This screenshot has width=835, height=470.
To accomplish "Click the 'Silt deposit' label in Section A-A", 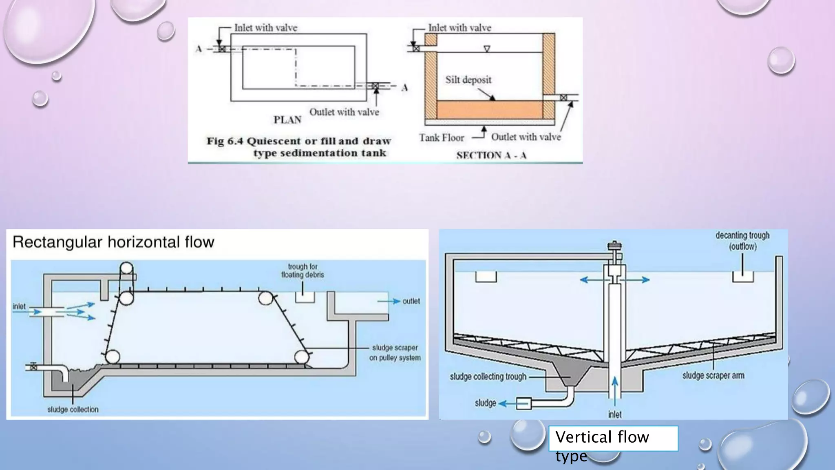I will pyautogui.click(x=468, y=80).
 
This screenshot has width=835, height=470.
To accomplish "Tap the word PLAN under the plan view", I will pyautogui.click(x=287, y=120).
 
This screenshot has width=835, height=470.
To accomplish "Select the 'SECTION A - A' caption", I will pyautogui.click(x=491, y=155).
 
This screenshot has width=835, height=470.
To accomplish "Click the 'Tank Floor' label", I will pyautogui.click(x=442, y=138).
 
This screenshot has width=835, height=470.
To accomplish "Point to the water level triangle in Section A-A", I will pyautogui.click(x=487, y=49).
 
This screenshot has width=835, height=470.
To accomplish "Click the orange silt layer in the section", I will pyautogui.click(x=489, y=110).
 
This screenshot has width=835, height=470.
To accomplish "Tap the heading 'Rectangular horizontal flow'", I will pyautogui.click(x=113, y=242).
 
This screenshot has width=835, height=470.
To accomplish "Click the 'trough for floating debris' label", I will pyautogui.click(x=302, y=270).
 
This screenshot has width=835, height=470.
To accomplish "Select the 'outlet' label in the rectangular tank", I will pyautogui.click(x=411, y=301).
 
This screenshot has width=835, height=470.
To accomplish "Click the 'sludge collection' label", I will pyautogui.click(x=73, y=409).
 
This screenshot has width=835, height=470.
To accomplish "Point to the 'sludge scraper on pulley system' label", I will pyautogui.click(x=395, y=352).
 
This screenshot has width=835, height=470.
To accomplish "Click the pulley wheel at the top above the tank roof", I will pyautogui.click(x=126, y=268).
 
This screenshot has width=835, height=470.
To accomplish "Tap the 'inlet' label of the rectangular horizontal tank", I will pyautogui.click(x=19, y=306).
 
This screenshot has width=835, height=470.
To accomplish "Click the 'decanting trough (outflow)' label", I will pyautogui.click(x=742, y=241).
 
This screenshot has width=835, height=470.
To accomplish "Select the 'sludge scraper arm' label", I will pyautogui.click(x=713, y=375).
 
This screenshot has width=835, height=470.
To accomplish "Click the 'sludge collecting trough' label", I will pyautogui.click(x=488, y=377).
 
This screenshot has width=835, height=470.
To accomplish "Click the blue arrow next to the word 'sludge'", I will pyautogui.click(x=507, y=403).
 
